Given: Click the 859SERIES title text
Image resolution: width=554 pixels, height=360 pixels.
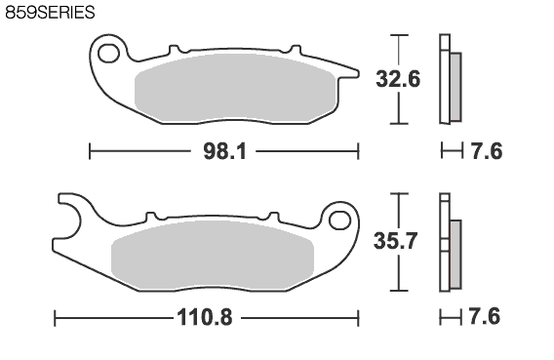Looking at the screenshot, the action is click(50, 13).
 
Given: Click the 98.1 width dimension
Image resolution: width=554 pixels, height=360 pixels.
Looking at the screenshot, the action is click(224, 151).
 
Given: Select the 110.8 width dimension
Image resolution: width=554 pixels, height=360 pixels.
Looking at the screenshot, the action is click(205, 317).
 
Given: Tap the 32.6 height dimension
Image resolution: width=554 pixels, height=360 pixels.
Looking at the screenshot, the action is click(398, 79).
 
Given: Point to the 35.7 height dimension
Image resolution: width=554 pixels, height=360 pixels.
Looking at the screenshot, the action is click(396, 241).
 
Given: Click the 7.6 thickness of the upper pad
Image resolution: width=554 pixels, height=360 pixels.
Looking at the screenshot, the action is click(487, 151).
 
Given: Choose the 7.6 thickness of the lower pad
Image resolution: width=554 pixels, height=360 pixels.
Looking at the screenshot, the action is click(485, 316).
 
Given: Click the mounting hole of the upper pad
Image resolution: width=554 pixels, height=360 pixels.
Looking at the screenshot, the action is click(109, 54).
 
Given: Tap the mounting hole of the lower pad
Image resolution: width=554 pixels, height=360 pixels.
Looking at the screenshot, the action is click(339, 220).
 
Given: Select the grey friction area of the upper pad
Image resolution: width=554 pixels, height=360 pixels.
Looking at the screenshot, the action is click(235, 89).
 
